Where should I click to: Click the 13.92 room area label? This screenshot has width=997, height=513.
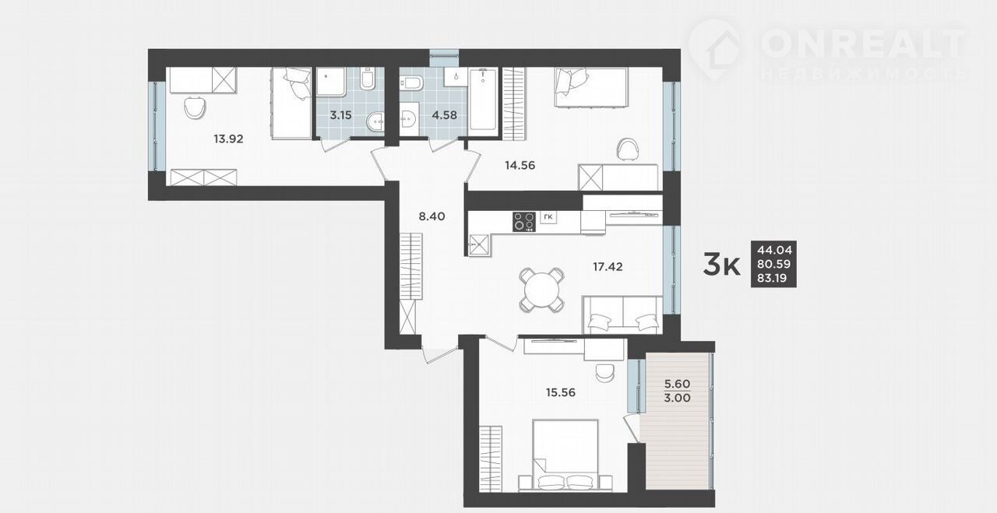point(228,139)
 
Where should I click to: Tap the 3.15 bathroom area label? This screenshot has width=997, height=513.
point(340,115)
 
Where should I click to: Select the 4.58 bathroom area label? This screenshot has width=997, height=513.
point(444,115)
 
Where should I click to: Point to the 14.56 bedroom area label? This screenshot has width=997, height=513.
point(520,166)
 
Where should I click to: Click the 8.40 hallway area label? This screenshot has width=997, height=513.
point(432,216)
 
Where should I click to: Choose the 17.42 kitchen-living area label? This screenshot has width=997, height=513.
point(608,267)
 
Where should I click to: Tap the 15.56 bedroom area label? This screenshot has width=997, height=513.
point(560,392)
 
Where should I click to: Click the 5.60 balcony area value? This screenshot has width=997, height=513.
point(677,384)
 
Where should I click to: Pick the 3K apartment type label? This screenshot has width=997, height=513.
point(721,265)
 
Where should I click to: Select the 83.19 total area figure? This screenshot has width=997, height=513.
point(774,279)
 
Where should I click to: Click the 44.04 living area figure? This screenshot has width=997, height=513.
point(774,251)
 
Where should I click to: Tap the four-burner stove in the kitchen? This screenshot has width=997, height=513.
point(524,222)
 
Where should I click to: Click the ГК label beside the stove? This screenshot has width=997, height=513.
point(548,217)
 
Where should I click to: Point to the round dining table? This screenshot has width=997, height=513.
point(541,290)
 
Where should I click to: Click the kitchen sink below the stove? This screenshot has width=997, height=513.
point(479,245)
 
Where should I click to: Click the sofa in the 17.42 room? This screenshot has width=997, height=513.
point(622,314)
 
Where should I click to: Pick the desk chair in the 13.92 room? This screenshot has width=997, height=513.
point(195,107)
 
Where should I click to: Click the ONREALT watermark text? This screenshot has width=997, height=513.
point(865,44)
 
